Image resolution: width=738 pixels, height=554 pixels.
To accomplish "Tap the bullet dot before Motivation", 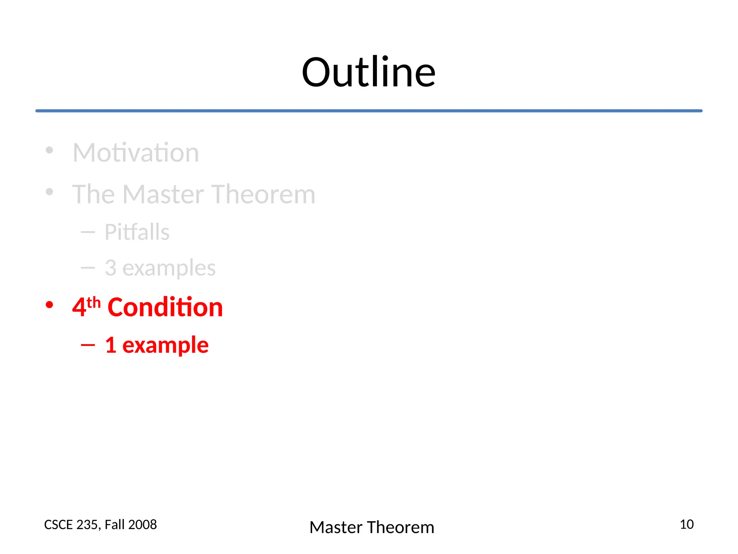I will pos(49,150).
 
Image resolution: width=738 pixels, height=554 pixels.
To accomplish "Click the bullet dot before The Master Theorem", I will pos(49,192).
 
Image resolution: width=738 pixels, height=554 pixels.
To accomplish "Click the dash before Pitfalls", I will pos(88,232).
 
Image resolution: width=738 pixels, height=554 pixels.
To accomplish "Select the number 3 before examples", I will pos(111,268).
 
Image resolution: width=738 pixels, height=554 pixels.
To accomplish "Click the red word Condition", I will pos(165,307).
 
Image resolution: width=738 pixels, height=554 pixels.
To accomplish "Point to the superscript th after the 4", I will pos(93,302).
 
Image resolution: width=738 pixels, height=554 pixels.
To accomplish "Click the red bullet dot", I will pos(49,305).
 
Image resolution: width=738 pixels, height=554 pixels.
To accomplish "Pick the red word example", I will pos(165,346).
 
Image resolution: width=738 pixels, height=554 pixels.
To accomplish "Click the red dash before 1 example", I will pos(88,345).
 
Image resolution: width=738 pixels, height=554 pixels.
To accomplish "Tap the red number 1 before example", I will pos(111,345).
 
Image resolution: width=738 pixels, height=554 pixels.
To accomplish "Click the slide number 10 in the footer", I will pos(686,524).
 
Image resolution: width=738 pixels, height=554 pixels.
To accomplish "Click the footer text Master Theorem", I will pos(372,527).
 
